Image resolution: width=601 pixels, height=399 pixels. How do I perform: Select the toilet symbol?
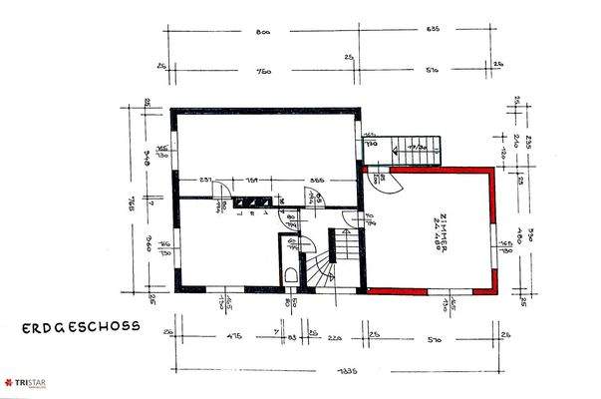click(x=290, y=275)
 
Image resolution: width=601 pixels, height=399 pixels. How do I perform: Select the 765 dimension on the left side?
click(x=133, y=199)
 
